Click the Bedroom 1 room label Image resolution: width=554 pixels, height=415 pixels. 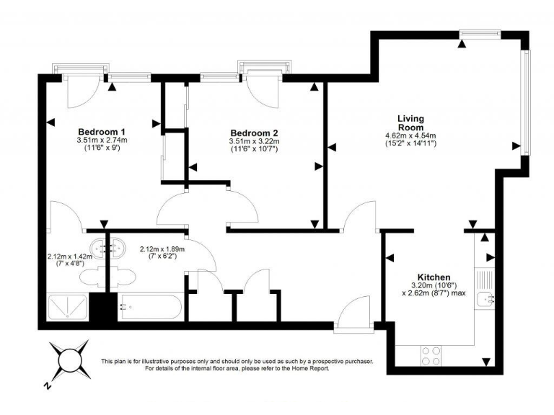click(x=102, y=131)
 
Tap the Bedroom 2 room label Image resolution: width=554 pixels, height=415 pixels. click(x=254, y=133)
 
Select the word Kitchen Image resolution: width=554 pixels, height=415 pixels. click(x=434, y=277)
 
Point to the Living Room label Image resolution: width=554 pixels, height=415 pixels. click(x=410, y=122)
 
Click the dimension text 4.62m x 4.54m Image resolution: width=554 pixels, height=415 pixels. click(x=410, y=135)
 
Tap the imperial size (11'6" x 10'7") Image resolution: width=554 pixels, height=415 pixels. click(x=254, y=149)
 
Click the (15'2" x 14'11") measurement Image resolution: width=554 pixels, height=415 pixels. click(x=410, y=143)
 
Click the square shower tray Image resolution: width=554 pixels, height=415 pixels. click(x=68, y=308)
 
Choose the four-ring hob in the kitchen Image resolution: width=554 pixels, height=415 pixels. click(x=431, y=355)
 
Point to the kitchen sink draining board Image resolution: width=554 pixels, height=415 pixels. click(x=483, y=277)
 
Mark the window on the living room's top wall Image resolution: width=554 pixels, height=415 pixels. click(x=480, y=33)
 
